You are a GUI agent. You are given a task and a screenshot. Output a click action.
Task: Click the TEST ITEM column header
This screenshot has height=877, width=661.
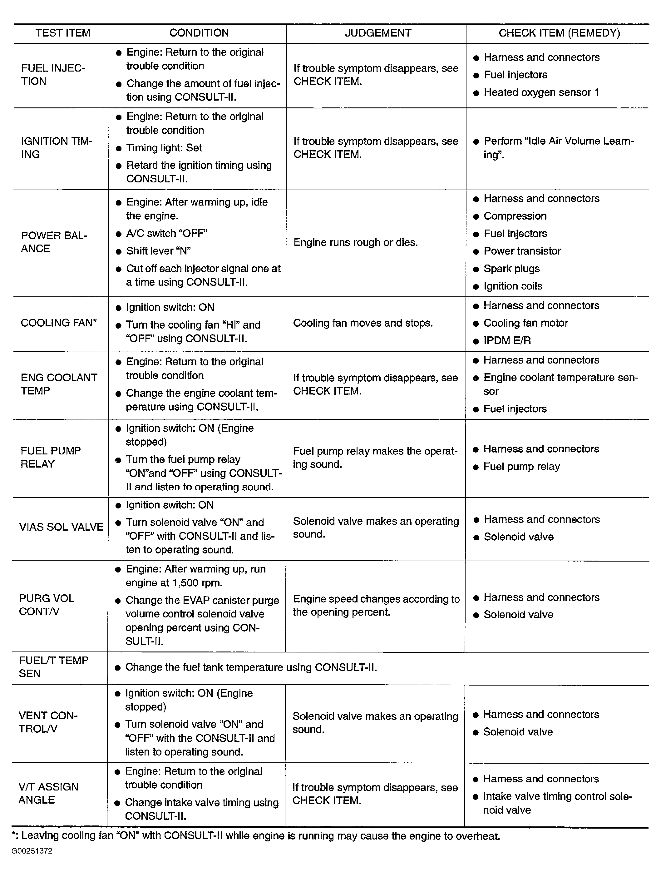pyautogui.click(x=63, y=33)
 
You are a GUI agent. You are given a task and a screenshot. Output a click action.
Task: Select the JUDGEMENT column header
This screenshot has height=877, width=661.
pyautogui.click(x=378, y=33)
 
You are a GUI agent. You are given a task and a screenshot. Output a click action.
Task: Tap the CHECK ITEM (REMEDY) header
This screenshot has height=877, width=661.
pyautogui.click(x=559, y=33)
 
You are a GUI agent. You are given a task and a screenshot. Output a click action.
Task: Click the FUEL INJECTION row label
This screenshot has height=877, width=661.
pyautogui.click(x=53, y=75)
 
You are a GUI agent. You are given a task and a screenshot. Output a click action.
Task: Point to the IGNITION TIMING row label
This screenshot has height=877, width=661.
pyautogui.click(x=56, y=147)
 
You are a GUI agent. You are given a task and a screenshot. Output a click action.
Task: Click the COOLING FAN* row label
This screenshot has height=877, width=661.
pyautogui.click(x=59, y=323)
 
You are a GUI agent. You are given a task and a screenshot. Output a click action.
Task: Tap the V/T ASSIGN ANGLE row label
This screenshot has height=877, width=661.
pyautogui.click(x=48, y=793)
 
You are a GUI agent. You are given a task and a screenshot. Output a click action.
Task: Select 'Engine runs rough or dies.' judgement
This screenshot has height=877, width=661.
pyautogui.click(x=355, y=242)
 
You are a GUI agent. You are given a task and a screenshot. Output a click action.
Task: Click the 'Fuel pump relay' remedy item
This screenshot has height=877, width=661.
pyautogui.click(x=521, y=467)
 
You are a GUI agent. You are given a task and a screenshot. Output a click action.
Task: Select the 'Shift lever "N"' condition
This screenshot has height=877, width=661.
pyautogui.click(x=158, y=251)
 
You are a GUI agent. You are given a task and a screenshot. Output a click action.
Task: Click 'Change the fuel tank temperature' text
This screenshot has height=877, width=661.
pyautogui.click(x=251, y=667)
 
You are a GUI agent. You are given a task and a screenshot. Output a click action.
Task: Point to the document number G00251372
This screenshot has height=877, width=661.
pyautogui.click(x=32, y=851)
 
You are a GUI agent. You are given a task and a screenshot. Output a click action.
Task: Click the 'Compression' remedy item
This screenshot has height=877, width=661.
pyautogui.click(x=515, y=216)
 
